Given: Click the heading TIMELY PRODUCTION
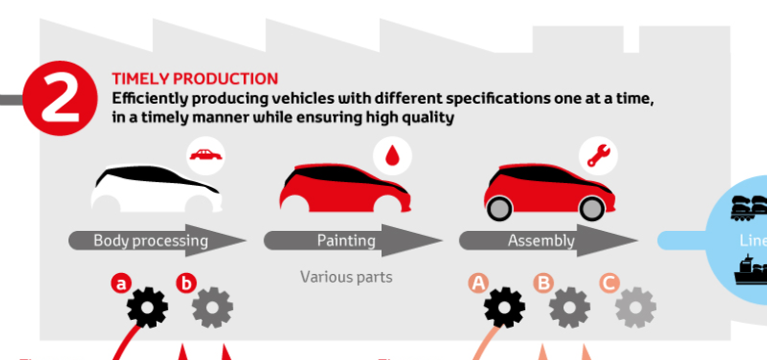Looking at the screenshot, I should [195, 79].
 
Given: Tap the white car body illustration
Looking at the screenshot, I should [155, 188].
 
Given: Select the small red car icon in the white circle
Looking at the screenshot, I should [205, 155].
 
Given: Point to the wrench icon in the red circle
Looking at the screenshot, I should [596, 154].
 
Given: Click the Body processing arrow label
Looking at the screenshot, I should [151, 241].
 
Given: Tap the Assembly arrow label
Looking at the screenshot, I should [541, 241].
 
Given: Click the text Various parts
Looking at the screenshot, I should [346, 278].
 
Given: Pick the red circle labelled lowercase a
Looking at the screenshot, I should [120, 284].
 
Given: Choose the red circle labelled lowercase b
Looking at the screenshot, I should [186, 284].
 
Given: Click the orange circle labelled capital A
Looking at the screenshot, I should [478, 284].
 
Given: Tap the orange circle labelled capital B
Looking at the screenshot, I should [543, 284].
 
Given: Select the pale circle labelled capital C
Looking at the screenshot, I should [608, 284].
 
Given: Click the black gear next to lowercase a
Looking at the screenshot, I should [147, 307].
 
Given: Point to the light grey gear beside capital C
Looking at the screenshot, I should [635, 307].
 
